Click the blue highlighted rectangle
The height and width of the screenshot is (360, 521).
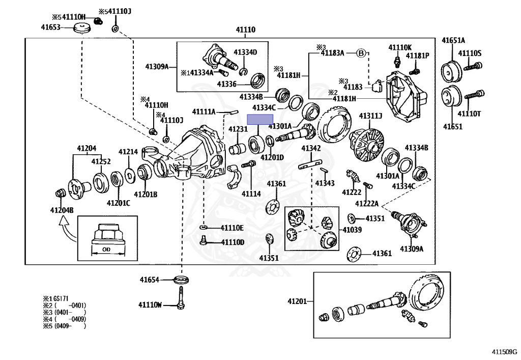click(260, 120)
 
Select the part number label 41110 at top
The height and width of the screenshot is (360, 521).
click(245, 30)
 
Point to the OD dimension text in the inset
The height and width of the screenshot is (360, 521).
click(106, 250)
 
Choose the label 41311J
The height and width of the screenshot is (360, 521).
click(370, 116)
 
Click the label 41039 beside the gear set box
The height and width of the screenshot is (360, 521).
click(352, 230)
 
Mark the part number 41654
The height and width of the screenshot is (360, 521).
click(150, 280)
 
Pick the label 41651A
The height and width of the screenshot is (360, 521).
click(453, 40)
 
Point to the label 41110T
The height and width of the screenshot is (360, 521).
click(469, 114)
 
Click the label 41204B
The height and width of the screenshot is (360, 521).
click(62, 210)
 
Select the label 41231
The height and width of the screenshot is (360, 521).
click(238, 129)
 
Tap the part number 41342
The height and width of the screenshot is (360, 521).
click(311, 148)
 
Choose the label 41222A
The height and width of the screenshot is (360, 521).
click(367, 204)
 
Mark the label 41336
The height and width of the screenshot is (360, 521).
click(226, 84)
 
